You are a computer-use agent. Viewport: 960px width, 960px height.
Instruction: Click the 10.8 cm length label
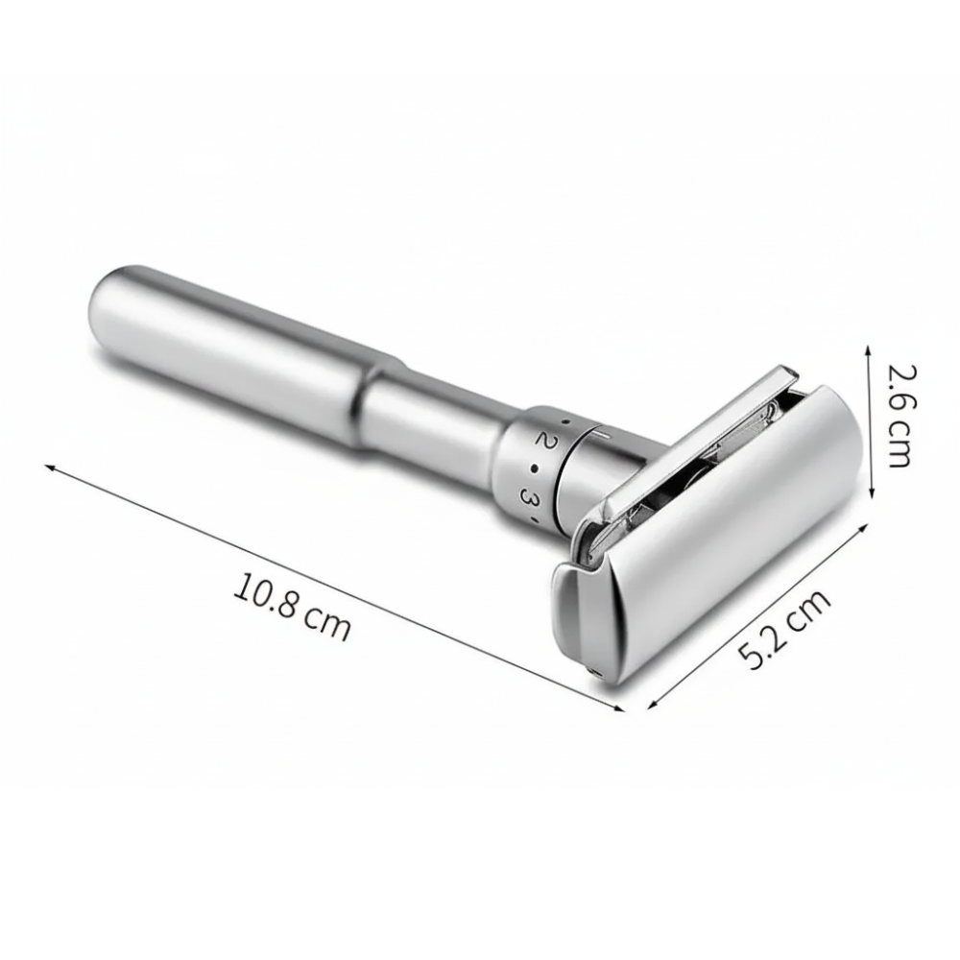292,606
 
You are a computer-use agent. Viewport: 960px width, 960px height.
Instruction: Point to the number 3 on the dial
528,494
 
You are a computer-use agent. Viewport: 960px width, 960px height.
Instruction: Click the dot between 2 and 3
535,469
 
